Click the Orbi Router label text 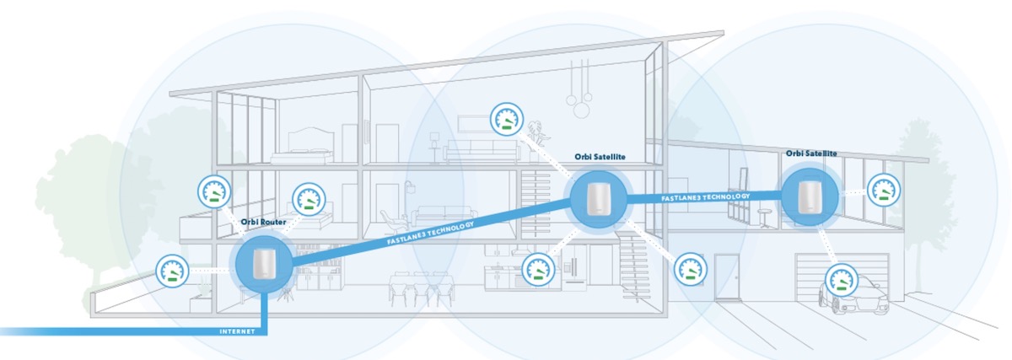pyautogui.click(x=264, y=223)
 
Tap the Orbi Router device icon pyautogui.click(x=265, y=264)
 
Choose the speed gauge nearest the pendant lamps pyautogui.click(x=506, y=119)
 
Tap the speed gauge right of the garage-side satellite pyautogui.click(x=883, y=190)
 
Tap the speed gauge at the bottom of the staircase pyautogui.click(x=687, y=270)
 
